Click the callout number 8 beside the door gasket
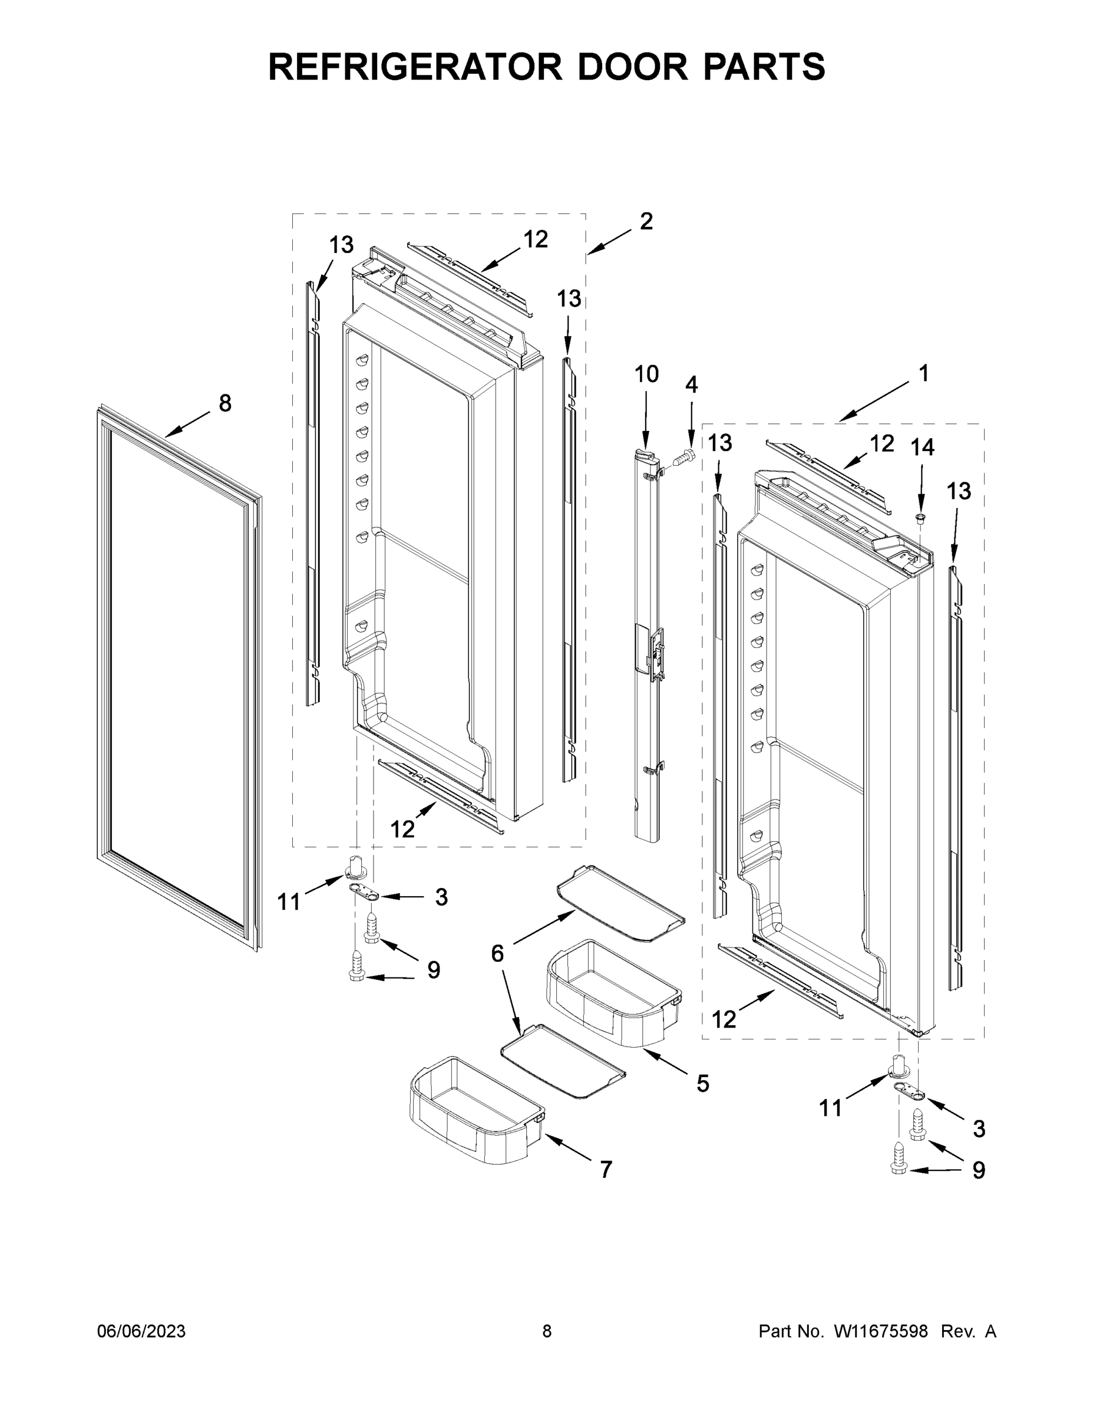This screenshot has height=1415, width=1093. click(x=224, y=404)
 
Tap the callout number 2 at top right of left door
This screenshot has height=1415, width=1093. click(x=646, y=222)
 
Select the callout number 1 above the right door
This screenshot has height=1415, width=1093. click(x=923, y=374)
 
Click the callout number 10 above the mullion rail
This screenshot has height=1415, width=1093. click(x=646, y=374)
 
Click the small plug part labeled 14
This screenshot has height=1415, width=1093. click(x=920, y=518)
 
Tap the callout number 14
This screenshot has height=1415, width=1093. click(x=923, y=447)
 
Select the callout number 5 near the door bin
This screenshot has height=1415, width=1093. click(x=702, y=1084)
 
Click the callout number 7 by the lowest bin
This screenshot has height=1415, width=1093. click(x=606, y=1170)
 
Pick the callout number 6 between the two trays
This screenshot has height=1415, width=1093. click(x=497, y=953)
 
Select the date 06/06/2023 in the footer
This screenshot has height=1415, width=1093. click(x=141, y=1331)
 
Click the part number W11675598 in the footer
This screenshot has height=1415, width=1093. click(x=881, y=1331)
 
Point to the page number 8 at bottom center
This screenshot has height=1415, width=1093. click(x=547, y=1331)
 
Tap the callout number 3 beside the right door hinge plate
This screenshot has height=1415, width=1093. click(x=979, y=1128)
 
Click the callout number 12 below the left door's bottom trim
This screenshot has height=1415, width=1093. click(x=402, y=828)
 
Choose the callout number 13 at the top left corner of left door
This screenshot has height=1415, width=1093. click(x=341, y=245)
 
